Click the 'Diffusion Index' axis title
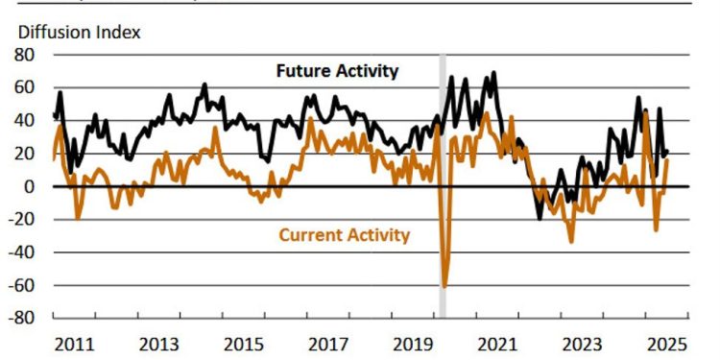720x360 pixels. [80, 32]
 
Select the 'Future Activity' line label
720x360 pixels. [337, 71]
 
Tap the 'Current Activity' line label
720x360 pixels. [344, 234]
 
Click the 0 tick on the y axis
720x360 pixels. [31, 186]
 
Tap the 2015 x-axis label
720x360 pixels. [245, 345]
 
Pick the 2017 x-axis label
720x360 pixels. [329, 345]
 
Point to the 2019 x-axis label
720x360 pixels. [414, 345]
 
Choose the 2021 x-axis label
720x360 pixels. [498, 345]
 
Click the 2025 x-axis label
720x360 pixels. [666, 345]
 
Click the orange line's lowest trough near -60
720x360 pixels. [444, 285]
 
